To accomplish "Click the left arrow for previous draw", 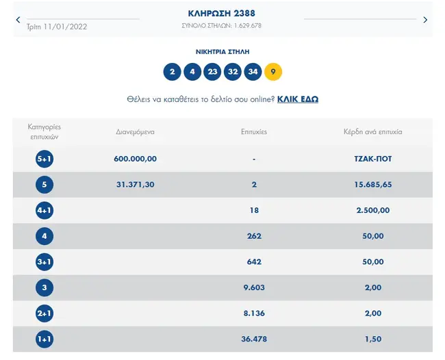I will point(18,20).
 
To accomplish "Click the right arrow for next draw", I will point(425,20).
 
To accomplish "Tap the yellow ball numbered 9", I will point(272,71).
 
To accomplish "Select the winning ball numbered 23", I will point(212,71).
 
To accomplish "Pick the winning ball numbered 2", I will point(172,71).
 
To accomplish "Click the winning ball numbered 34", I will point(253,71).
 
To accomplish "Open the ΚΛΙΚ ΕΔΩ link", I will point(298,99).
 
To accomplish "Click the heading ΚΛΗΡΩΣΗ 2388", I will point(222,13).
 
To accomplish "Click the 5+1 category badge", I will point(44,159).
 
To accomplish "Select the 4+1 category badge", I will point(44,210).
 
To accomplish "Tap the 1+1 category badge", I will point(44,339).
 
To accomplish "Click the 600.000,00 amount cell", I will point(136,159).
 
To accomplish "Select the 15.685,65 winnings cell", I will point(374,185).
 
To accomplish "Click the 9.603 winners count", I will point(254,288).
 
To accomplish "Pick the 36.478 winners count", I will point(254,339).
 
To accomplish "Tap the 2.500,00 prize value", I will point(374,210).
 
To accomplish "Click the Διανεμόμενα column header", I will point(136,131).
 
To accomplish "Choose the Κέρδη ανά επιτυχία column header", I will point(374,131).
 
